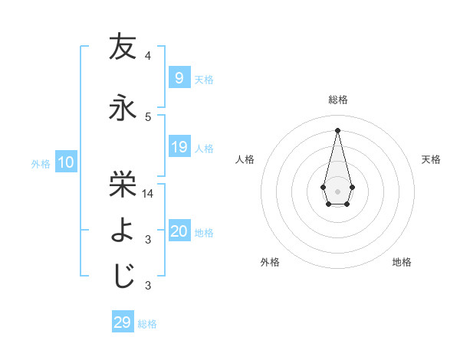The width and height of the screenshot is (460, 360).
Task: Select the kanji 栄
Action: [x=123, y=182]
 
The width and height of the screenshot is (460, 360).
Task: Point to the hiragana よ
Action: [x=123, y=229]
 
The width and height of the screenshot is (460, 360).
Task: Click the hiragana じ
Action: [x=123, y=276]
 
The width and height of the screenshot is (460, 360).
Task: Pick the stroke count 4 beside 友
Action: [x=148, y=56]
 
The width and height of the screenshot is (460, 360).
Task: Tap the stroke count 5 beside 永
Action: [x=148, y=117]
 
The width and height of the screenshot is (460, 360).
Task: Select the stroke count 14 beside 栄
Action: [x=149, y=194]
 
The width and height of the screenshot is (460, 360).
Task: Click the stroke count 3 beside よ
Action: [x=148, y=240]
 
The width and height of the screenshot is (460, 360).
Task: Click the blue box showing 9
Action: [x=179, y=77]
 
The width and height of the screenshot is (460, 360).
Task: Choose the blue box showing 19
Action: [x=179, y=146]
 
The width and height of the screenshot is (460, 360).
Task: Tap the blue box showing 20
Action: [x=179, y=231]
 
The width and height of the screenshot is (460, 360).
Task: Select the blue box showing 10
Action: [x=65, y=162]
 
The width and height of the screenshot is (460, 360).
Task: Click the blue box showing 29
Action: [x=122, y=322]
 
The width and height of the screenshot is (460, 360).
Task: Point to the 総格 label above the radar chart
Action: [x=337, y=100]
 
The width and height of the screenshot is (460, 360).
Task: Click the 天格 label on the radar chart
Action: [x=431, y=159]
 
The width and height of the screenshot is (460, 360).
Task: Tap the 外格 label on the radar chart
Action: [x=270, y=262]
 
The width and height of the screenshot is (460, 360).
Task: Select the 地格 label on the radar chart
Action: [x=402, y=262]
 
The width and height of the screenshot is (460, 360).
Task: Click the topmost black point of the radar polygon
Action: [x=337, y=129]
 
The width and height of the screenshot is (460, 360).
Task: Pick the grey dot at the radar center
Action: [x=337, y=190]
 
